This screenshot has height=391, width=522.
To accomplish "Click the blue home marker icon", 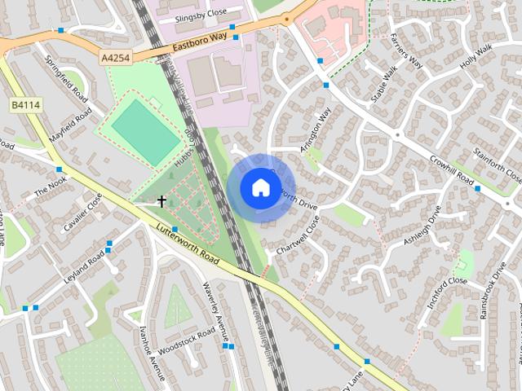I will [260, 187].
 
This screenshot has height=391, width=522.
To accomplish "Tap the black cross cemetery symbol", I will [161, 200].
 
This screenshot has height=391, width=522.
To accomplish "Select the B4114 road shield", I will [25, 105].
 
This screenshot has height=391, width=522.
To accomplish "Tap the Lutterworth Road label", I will [188, 244].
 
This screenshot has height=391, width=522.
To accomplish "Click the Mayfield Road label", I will [69, 127].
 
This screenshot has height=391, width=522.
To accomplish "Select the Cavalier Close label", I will [83, 213].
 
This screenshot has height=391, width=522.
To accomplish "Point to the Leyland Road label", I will [85, 266].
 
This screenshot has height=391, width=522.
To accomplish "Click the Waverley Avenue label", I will [214, 310].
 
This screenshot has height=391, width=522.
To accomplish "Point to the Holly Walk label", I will [477, 57].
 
